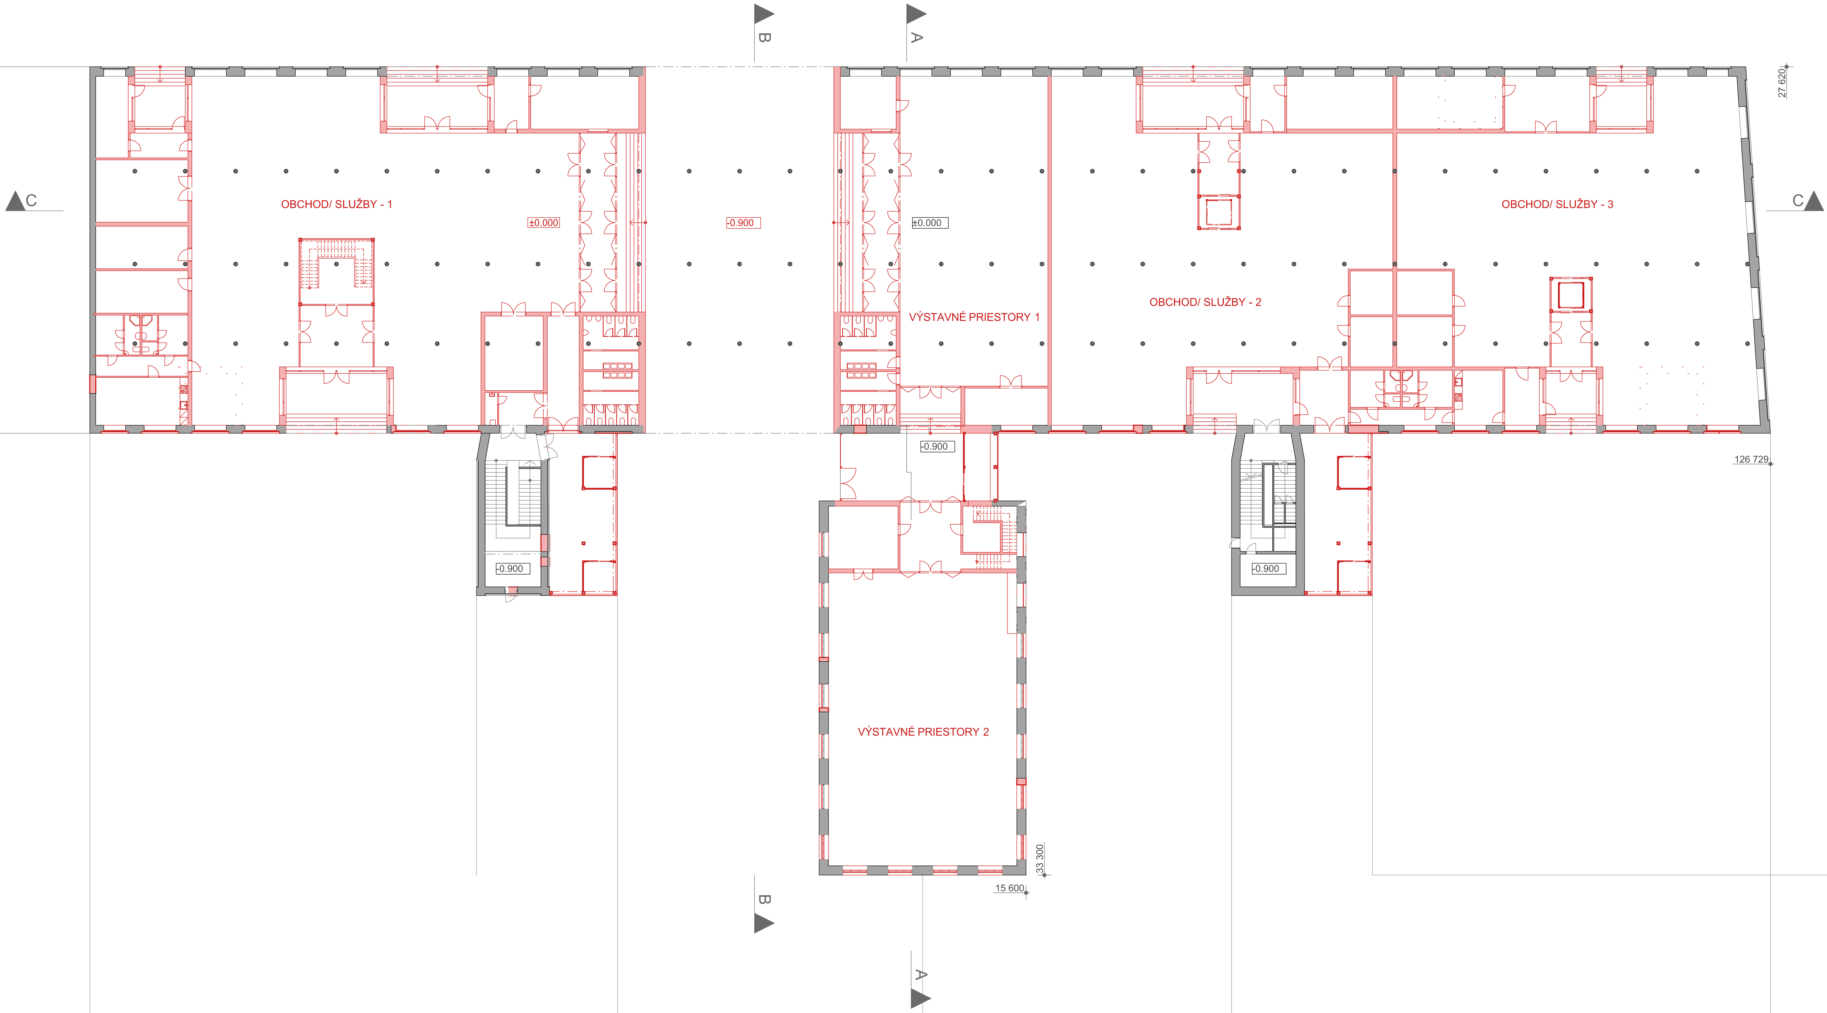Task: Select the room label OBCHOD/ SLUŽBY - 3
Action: coord(1558,204)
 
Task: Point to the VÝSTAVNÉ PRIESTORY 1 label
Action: coord(974,317)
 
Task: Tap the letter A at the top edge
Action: coord(916,37)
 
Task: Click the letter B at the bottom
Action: coord(764,900)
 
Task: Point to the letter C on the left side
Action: coord(31,201)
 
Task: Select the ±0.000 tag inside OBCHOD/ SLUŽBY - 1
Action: coord(544,223)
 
